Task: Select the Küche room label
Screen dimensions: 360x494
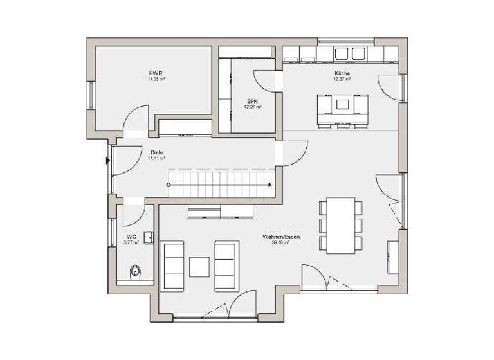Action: (x=342, y=74)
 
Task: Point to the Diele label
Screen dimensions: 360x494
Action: (x=156, y=152)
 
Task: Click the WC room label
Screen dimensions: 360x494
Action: (x=131, y=237)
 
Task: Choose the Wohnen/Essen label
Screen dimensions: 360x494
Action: (x=276, y=237)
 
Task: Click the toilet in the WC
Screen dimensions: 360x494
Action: (x=135, y=271)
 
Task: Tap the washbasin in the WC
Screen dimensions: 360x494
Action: (x=149, y=237)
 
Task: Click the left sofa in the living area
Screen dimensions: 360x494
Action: (x=173, y=266)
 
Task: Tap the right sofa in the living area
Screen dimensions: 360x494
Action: (x=225, y=266)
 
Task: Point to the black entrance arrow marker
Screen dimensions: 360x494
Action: (x=107, y=161)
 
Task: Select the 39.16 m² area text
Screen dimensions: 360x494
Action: (x=276, y=243)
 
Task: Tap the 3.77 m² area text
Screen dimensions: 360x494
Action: (x=131, y=242)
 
